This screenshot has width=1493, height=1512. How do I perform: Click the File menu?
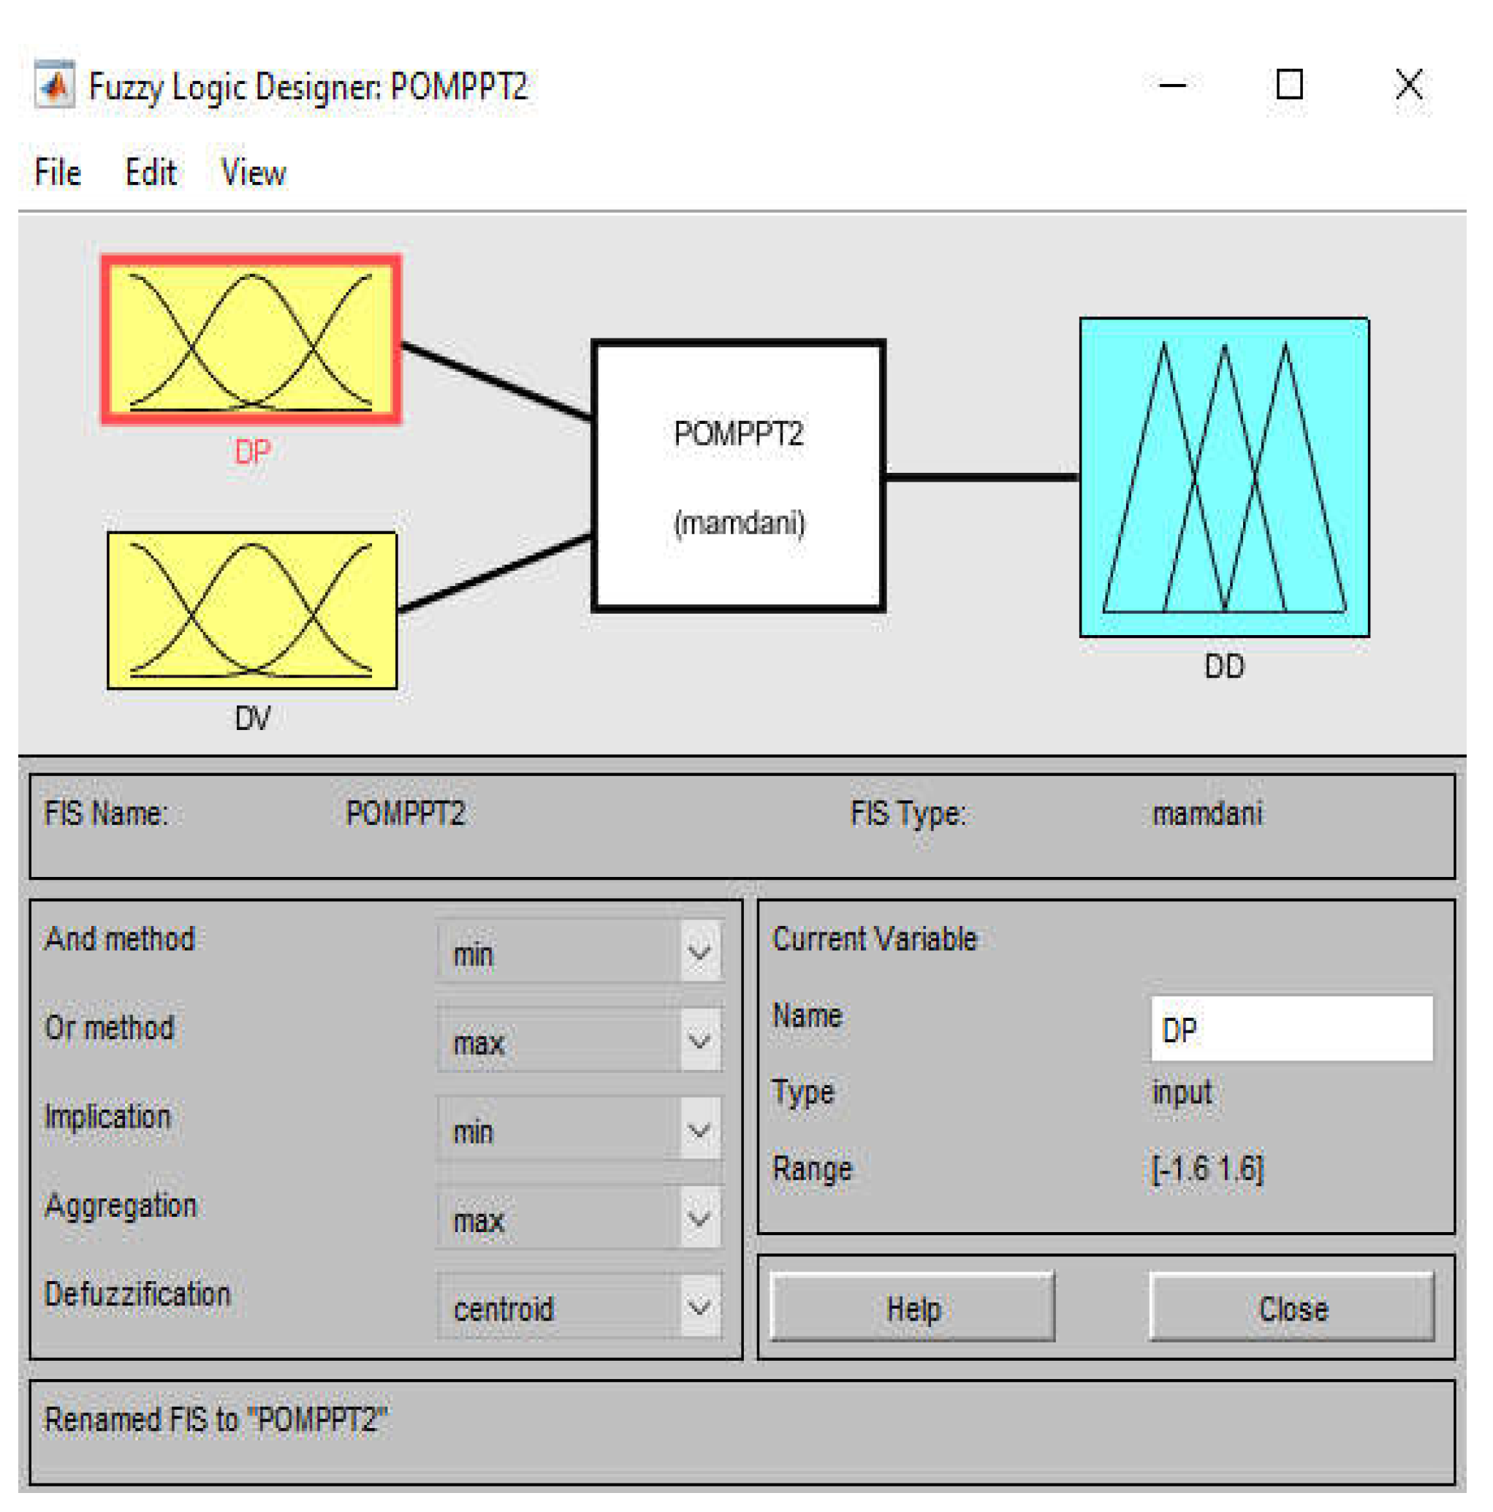tap(57, 173)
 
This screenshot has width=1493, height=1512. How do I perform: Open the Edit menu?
tap(151, 173)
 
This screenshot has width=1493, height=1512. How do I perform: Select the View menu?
tap(253, 173)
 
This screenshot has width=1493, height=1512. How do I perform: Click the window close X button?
tap(1408, 85)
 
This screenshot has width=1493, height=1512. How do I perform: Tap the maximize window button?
tap(1289, 85)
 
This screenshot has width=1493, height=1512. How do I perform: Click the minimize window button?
tap(1171, 85)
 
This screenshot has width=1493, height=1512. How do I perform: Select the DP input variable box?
tap(251, 340)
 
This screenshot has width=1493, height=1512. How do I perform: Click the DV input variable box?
tap(251, 610)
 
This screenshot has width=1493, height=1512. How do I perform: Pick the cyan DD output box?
tap(1224, 476)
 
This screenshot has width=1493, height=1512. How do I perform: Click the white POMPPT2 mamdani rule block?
tap(738, 475)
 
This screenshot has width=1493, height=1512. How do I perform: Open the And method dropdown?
tap(580, 952)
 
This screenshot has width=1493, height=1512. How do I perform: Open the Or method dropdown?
tap(580, 1041)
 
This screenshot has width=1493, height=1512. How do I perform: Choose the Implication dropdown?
tap(580, 1130)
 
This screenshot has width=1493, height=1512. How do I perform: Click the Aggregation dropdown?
tap(580, 1218)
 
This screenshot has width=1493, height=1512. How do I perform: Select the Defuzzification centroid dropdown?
tap(580, 1307)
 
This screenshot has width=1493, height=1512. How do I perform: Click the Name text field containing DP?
tap(1291, 1029)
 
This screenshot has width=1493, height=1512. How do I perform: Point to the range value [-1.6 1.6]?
tap(1207, 1169)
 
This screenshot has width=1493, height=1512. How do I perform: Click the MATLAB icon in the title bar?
tap(55, 85)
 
